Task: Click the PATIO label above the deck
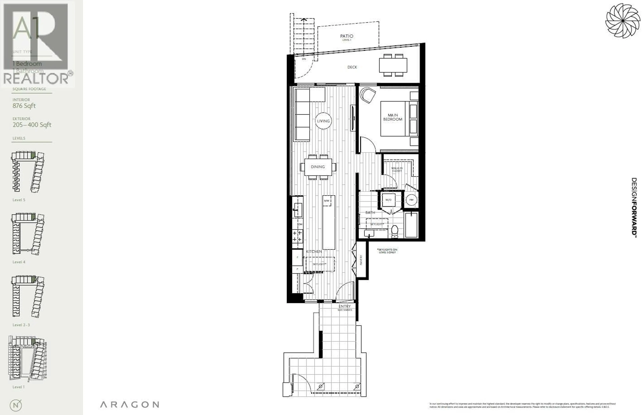click(x=347, y=36)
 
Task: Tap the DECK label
click(x=352, y=67)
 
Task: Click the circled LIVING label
click(x=323, y=121)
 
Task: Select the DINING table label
click(x=318, y=167)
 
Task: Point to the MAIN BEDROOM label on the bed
click(x=393, y=117)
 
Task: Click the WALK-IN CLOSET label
click(x=397, y=169)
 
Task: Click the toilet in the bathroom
click(x=395, y=231)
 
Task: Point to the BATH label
click(x=370, y=213)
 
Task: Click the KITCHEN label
click(x=314, y=251)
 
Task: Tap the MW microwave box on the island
click(x=327, y=201)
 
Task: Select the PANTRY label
click(x=361, y=260)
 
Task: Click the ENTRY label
click(x=345, y=306)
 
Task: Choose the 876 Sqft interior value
click(x=24, y=106)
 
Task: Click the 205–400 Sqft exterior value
click(x=32, y=125)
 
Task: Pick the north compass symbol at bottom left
click(x=16, y=405)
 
